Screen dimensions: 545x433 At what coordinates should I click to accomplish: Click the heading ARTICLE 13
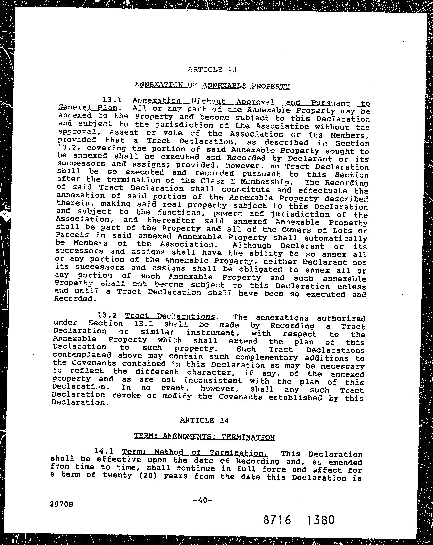(x=212, y=70)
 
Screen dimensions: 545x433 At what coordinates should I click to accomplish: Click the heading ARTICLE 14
(x=204, y=420)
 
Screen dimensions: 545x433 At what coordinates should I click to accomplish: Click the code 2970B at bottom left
(x=61, y=504)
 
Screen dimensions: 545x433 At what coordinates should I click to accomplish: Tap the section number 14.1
(x=104, y=451)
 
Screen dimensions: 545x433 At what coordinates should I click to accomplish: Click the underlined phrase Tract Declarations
(x=170, y=316)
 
